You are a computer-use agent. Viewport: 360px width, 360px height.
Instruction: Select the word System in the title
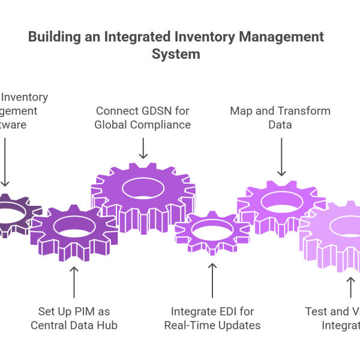(175, 53)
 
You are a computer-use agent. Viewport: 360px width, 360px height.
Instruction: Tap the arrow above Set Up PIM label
(74, 283)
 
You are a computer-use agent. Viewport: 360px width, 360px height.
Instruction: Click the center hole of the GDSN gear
(143, 188)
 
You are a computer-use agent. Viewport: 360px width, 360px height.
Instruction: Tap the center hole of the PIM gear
(74, 226)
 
